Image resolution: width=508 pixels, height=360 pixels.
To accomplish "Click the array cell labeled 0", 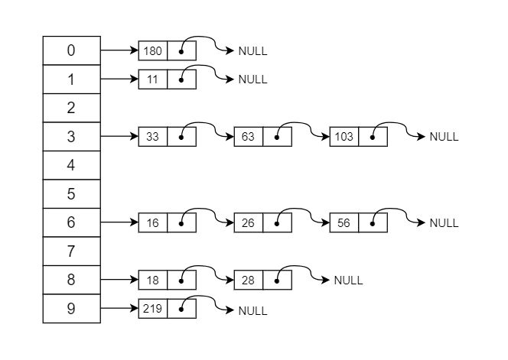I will (x=71, y=51).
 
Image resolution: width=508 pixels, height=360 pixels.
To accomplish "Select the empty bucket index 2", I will (x=71, y=109).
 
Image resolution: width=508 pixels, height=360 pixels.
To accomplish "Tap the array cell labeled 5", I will (x=71, y=194).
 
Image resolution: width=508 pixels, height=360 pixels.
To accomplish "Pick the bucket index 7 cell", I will (x=71, y=251).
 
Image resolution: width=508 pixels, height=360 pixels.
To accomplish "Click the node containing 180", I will (x=153, y=51).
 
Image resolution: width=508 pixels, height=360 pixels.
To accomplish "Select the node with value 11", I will (x=153, y=79).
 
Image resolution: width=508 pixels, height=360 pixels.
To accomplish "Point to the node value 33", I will (x=153, y=137).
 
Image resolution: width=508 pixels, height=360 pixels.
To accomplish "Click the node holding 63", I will (x=249, y=137).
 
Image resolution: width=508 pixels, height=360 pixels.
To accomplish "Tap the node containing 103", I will (x=344, y=137).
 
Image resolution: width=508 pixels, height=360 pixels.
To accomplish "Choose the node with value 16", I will (x=153, y=223).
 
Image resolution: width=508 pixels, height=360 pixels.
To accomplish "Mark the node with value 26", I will (x=249, y=223).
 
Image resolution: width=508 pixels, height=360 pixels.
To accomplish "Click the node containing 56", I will (x=344, y=223).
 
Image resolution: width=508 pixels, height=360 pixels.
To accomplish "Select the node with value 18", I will (x=153, y=281).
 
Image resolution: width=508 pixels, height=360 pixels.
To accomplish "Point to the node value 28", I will (x=249, y=281).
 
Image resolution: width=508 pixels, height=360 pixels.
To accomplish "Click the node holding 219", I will (x=153, y=309).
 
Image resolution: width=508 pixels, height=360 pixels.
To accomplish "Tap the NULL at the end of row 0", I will (x=252, y=51).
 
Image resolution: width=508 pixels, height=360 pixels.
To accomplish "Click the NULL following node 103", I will (x=444, y=137).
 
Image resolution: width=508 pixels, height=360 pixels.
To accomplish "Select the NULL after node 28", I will (x=348, y=281).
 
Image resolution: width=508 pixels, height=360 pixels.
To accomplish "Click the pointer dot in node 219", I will (x=181, y=310).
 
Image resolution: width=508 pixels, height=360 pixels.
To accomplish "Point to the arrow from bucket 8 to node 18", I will (x=119, y=281).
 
